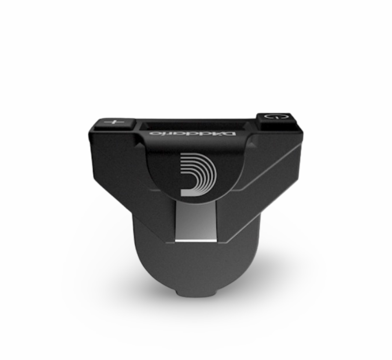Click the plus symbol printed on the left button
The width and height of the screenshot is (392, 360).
click(114, 122)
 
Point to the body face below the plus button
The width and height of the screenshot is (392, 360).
click(110, 149)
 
